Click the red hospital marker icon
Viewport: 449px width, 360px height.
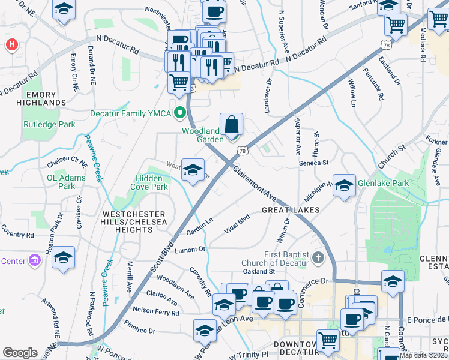[x=11, y=45]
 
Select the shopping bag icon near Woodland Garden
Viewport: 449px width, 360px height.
[x=231, y=125]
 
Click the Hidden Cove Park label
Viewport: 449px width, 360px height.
[x=149, y=182]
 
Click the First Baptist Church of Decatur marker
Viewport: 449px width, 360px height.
[x=318, y=259]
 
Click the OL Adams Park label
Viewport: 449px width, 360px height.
[x=61, y=182]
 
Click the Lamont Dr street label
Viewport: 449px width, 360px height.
[x=190, y=249]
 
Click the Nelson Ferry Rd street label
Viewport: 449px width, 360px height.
[x=156, y=311]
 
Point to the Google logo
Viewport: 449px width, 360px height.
[x=20, y=353]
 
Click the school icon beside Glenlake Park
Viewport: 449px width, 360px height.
[x=345, y=186]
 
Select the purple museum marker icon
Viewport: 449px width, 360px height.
[x=35, y=261]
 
